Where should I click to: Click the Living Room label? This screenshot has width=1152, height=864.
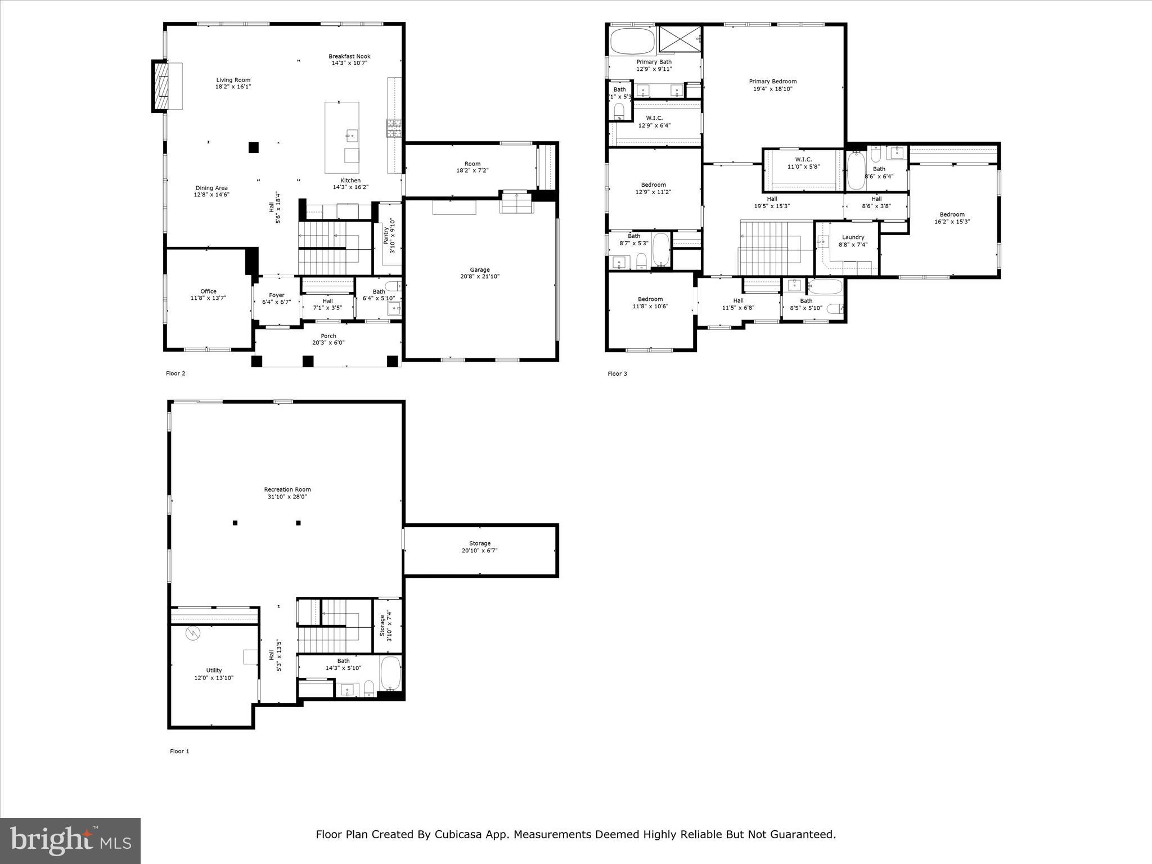pyautogui.click(x=233, y=80)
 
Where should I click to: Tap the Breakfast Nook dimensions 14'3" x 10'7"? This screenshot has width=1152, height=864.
pyautogui.click(x=349, y=64)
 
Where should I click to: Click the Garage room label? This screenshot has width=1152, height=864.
pyautogui.click(x=480, y=270)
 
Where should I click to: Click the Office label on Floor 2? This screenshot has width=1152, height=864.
pyautogui.click(x=208, y=291)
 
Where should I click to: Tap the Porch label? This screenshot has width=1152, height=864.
pyautogui.click(x=328, y=336)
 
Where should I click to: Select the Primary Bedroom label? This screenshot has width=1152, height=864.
pyautogui.click(x=772, y=82)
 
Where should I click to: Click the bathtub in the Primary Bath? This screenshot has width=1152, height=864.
pyautogui.click(x=633, y=40)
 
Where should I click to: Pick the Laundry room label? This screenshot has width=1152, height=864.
pyautogui.click(x=853, y=237)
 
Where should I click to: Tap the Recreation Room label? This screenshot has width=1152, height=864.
pyautogui.click(x=287, y=490)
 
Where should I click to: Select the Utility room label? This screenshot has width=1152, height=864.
pyautogui.click(x=214, y=670)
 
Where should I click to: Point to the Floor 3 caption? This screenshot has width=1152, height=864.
pyautogui.click(x=617, y=374)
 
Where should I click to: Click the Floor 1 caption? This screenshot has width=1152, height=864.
pyautogui.click(x=179, y=751)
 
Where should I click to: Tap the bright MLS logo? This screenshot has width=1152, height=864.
pyautogui.click(x=70, y=840)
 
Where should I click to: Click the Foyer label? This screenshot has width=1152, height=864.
pyautogui.click(x=276, y=295)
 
